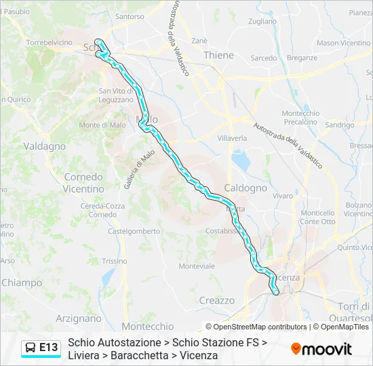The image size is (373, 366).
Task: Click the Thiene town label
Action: tap(218, 56)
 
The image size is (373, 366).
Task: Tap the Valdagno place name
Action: tap(44, 146)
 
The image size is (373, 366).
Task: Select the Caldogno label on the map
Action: tap(246, 187)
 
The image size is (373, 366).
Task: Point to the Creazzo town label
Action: tap(216, 300)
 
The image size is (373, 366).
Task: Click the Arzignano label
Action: tap(79, 318)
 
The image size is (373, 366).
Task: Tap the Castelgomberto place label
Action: tap(134, 231)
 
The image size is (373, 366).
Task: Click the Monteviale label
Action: tap(197, 266)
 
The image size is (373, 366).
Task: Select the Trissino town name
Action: tap(114, 261)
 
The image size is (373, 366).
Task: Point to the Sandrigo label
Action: tap(339, 125)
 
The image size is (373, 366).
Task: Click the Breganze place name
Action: tap(302, 58)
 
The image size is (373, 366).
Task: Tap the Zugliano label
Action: tap(262, 22)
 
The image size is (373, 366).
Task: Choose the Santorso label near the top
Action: tap(130, 16)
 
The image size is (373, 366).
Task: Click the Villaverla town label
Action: tap(232, 138)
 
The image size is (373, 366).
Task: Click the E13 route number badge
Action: tap(48, 348)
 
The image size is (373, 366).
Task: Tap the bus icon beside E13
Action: tap(31, 348)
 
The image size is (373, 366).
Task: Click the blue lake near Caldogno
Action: tap(241, 160)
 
